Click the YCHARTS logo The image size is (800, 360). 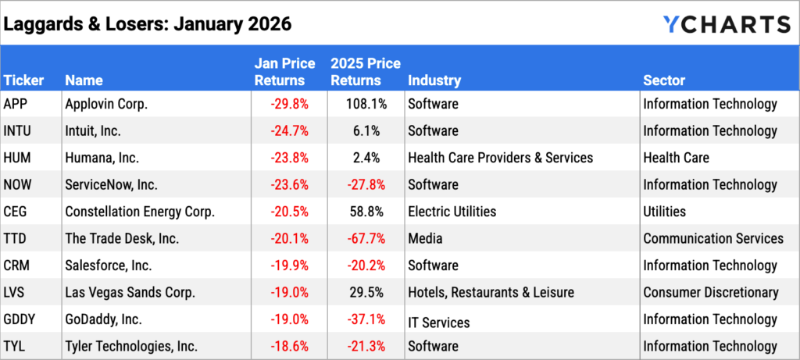726,24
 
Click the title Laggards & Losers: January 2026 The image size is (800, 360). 148,24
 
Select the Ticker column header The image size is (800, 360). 23,80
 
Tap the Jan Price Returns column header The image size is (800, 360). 285,72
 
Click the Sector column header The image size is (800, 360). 664,80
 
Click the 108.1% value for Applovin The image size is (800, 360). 361,104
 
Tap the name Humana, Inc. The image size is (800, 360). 102,158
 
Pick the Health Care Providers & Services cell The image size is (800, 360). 500,158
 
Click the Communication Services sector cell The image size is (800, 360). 713,238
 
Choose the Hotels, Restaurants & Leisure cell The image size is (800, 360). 491,292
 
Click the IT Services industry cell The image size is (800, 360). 438,321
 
